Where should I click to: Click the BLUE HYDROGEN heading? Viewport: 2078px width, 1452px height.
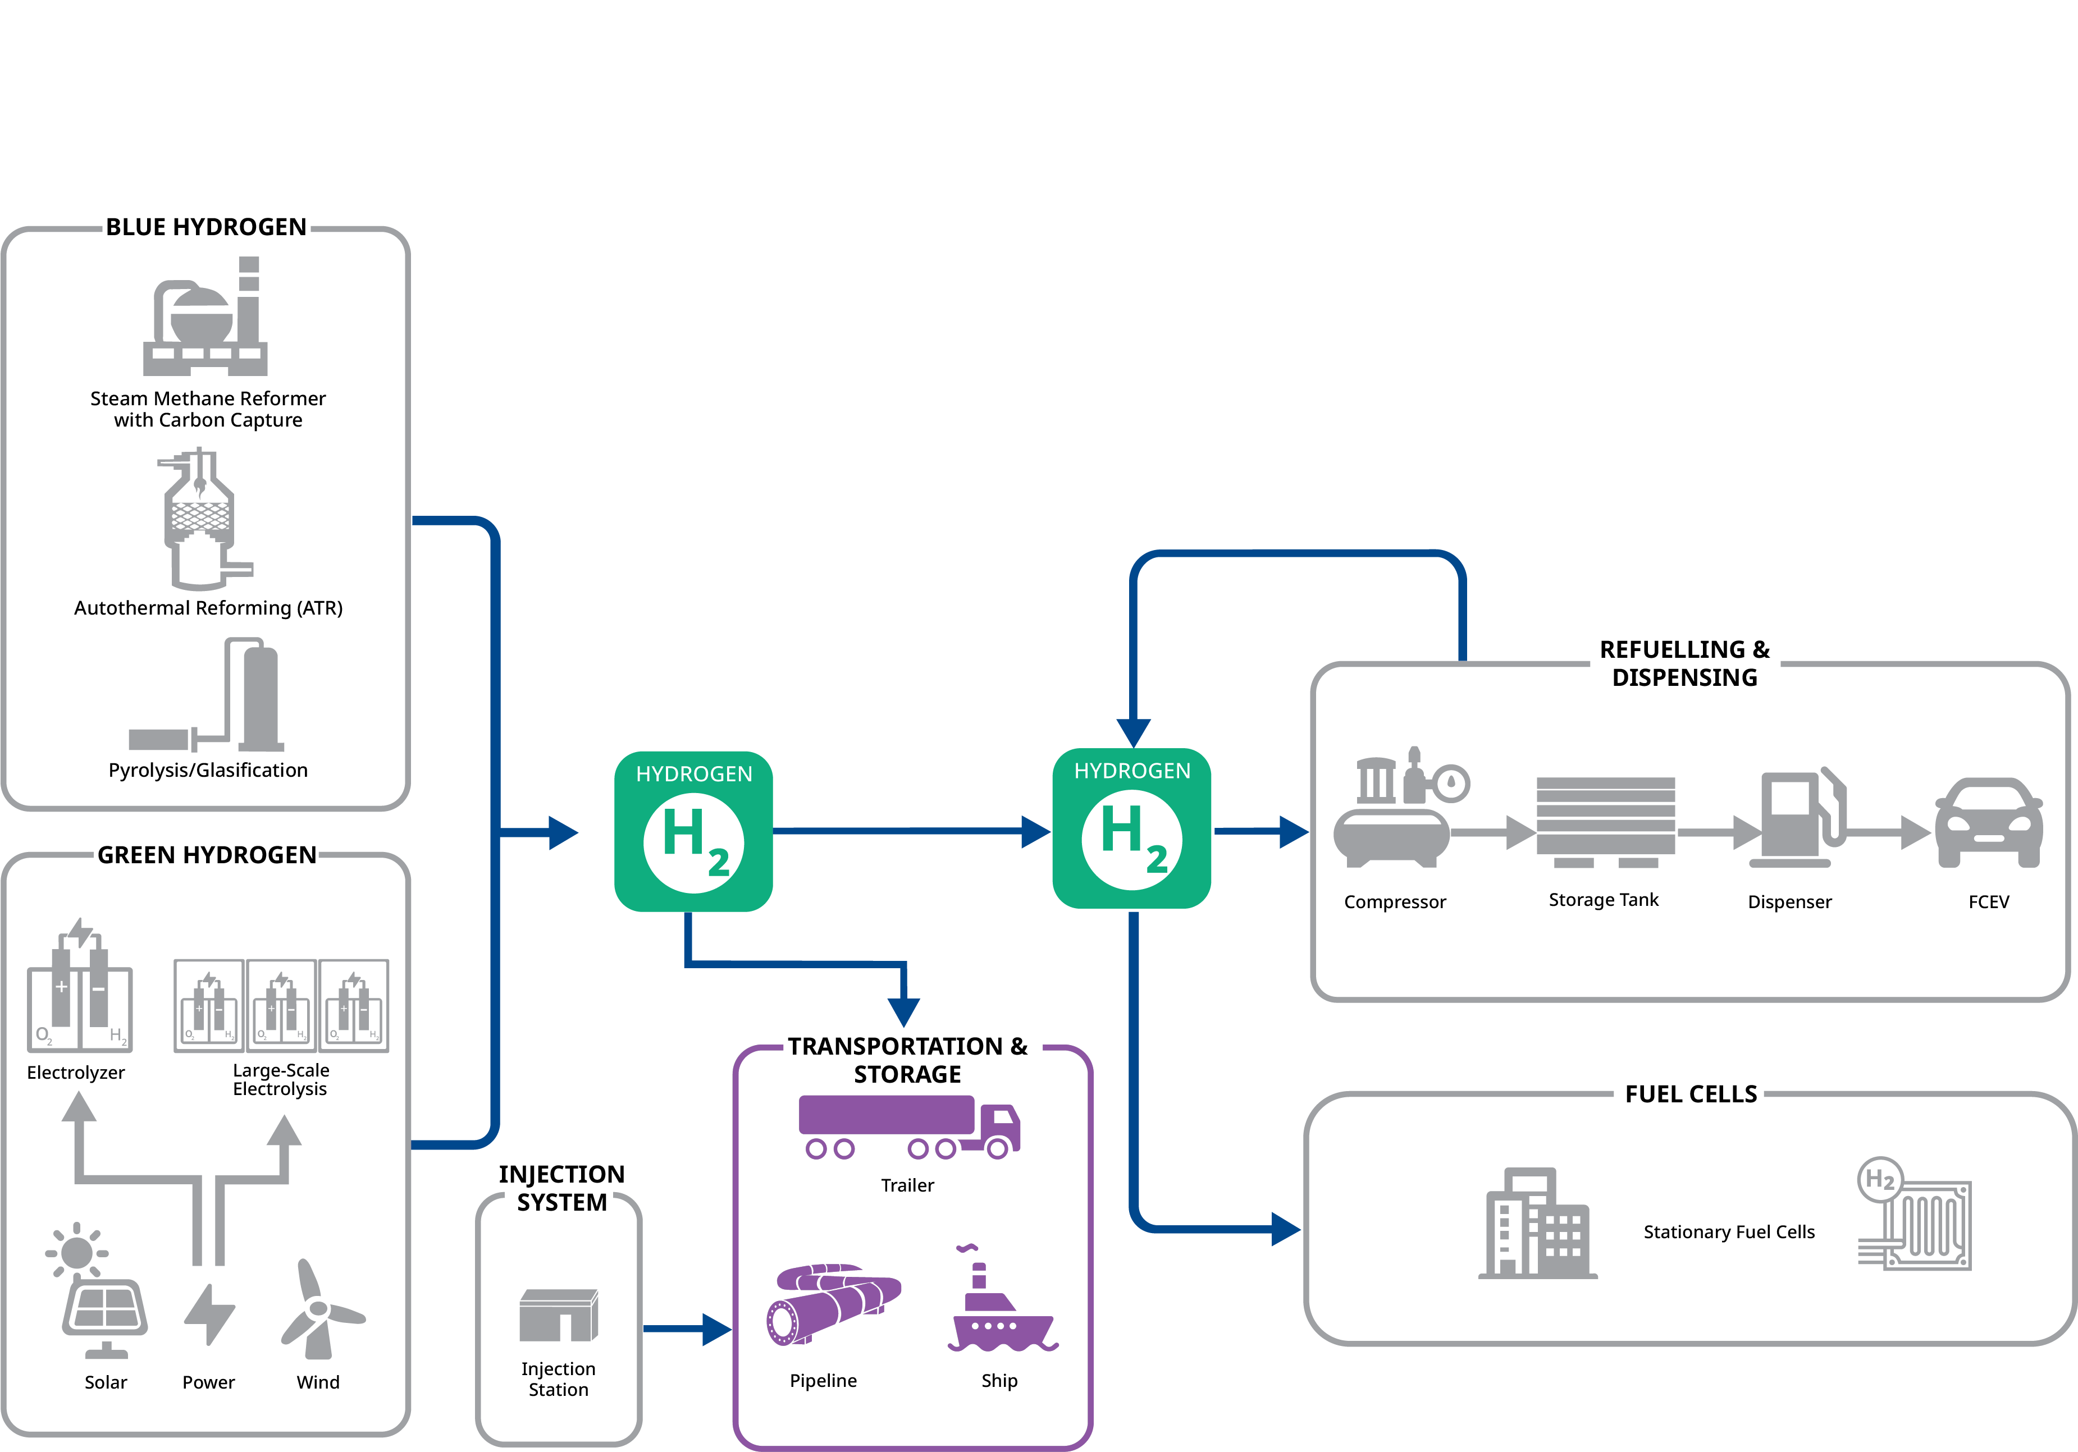207,227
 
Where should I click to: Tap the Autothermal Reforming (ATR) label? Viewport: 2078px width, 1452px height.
208,608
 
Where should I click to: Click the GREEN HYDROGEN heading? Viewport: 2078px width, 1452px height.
207,855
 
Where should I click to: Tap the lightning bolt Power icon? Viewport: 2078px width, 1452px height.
209,1313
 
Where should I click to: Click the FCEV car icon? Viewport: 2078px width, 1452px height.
1988,823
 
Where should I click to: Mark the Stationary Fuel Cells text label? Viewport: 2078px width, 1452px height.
1729,1232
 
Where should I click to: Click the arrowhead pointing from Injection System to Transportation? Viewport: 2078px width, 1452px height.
717,1329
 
